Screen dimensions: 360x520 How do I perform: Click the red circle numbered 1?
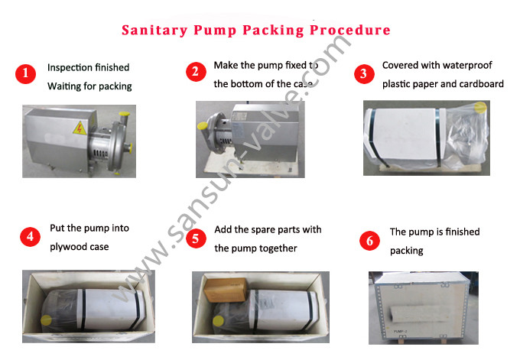point(26,75)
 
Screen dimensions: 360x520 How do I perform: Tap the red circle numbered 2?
point(197,72)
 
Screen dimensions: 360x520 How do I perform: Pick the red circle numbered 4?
point(30,236)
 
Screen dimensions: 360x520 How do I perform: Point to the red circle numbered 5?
point(197,238)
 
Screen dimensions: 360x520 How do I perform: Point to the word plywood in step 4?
point(67,246)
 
